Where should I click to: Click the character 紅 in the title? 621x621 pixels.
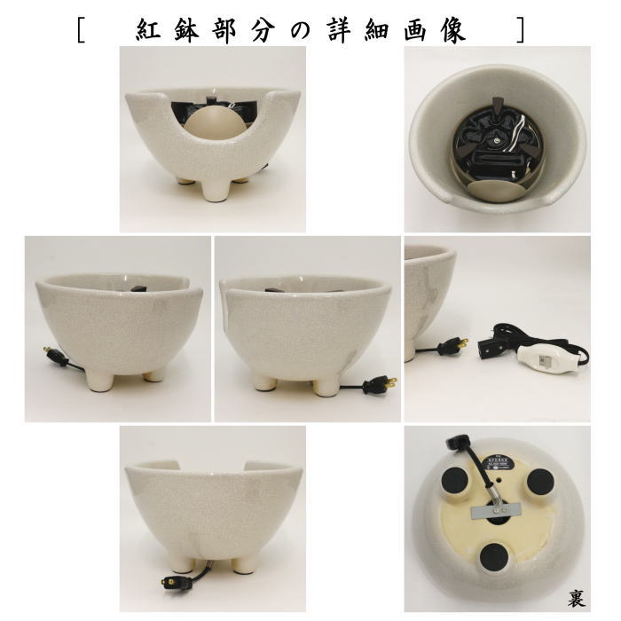pyautogui.click(x=152, y=28)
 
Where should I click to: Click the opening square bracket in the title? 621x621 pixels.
pyautogui.click(x=82, y=28)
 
